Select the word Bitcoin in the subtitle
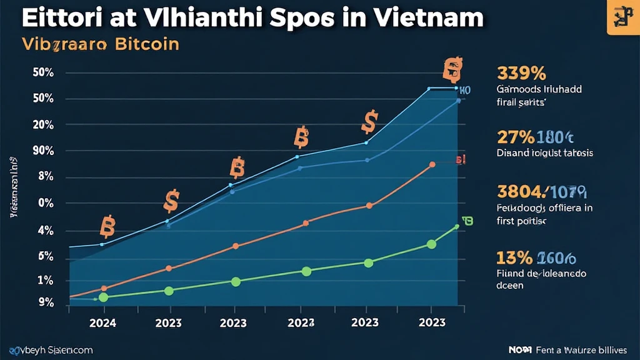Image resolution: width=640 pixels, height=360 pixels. click(x=146, y=45)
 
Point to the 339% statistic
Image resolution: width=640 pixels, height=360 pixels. click(x=521, y=74)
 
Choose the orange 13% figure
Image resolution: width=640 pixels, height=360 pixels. click(x=514, y=257)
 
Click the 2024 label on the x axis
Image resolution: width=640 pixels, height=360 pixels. click(x=103, y=323)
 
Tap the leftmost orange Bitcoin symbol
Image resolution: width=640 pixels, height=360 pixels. click(x=107, y=228)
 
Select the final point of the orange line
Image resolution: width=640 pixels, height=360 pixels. click(x=432, y=165)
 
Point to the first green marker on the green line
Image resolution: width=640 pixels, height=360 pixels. click(x=104, y=297)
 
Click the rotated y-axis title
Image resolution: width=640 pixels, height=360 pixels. click(x=13, y=187)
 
